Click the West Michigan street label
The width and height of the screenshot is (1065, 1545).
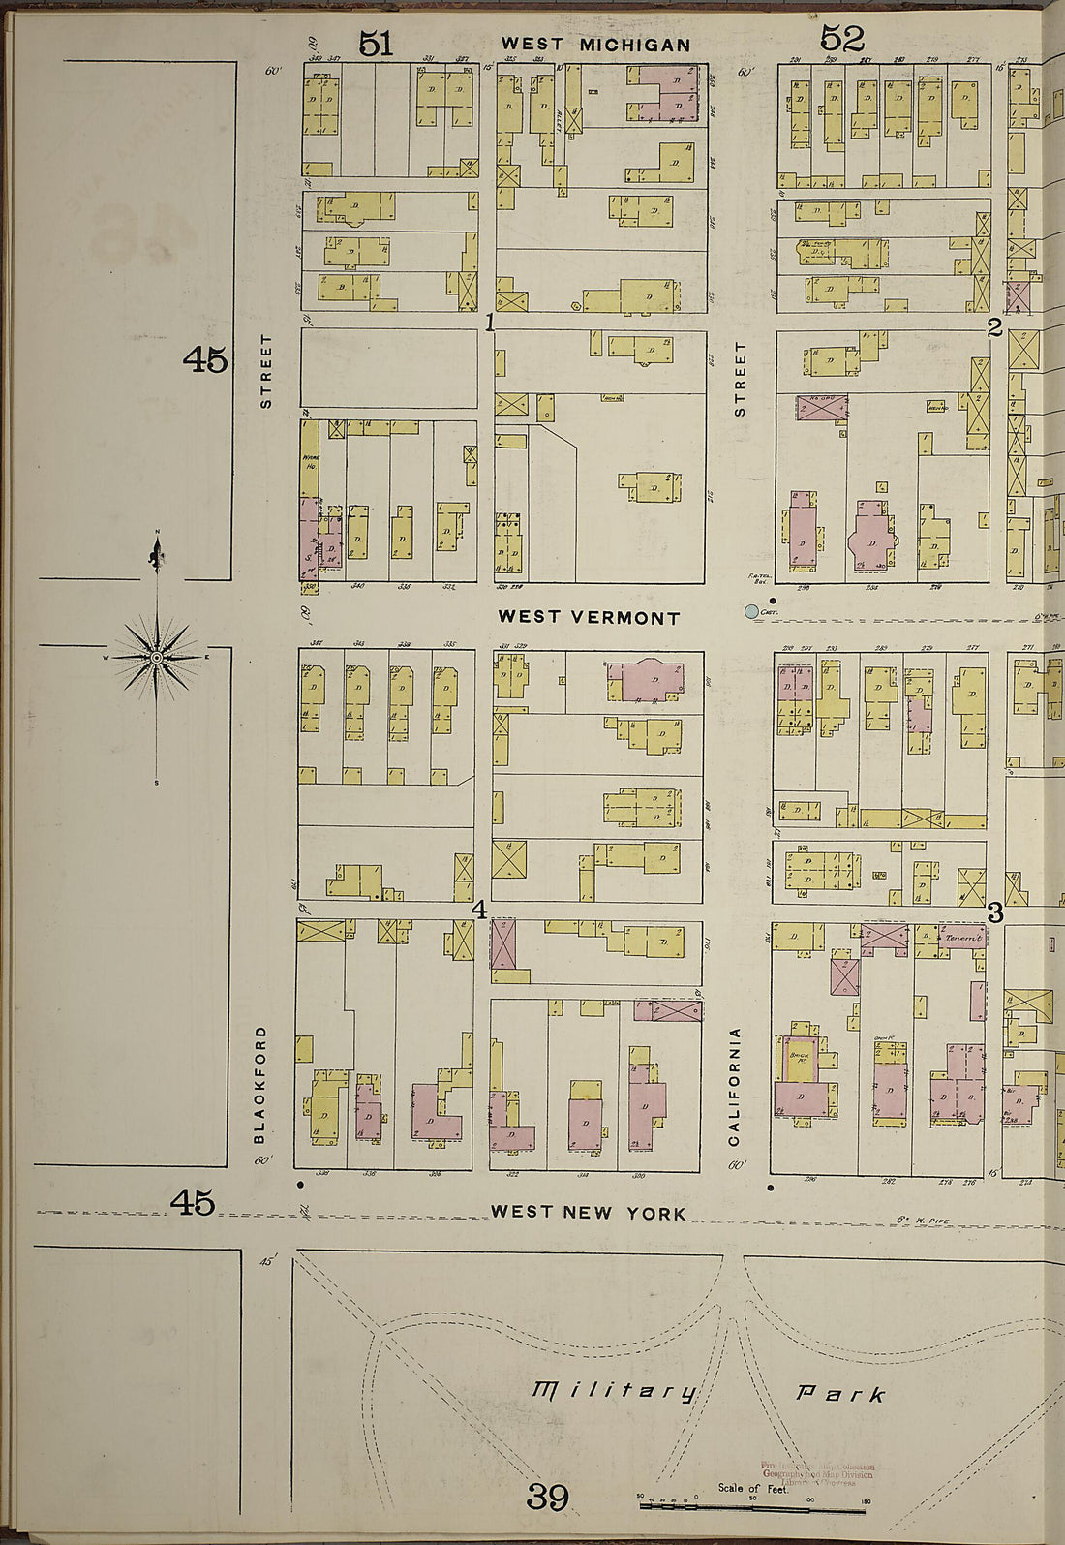(595, 45)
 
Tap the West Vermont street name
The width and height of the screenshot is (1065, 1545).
(589, 617)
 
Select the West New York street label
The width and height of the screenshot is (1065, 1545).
(588, 1212)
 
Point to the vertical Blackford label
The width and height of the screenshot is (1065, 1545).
(259, 1085)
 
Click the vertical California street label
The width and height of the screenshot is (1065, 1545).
(735, 1086)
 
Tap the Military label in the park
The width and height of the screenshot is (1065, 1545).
(614, 1391)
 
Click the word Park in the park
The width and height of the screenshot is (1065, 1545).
(839, 1394)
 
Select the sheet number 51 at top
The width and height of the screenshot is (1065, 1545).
(377, 42)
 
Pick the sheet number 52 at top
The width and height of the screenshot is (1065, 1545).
(841, 39)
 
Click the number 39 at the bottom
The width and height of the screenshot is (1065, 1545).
(547, 1498)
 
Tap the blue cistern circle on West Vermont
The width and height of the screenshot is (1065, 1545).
(750, 612)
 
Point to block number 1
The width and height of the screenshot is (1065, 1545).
(490, 324)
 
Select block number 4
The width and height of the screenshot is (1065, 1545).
(478, 910)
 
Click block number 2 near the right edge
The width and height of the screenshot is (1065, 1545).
(994, 327)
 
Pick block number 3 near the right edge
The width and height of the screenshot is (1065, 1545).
(994, 912)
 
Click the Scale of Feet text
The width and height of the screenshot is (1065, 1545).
(753, 1488)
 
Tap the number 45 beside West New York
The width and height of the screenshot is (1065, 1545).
(192, 1203)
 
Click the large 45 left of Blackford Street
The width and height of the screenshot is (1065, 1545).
(205, 360)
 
